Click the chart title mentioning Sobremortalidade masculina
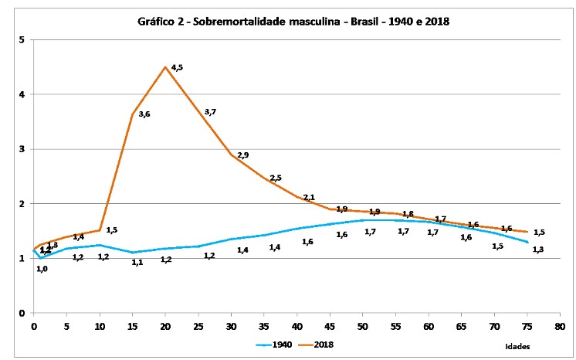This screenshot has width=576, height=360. [x=292, y=22]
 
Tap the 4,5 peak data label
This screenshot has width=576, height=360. [x=177, y=68]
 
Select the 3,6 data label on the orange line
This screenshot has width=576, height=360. [x=144, y=114]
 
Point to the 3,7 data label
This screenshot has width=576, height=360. [x=210, y=112]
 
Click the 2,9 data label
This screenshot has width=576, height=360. [x=242, y=155]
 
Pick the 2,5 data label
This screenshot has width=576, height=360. [x=276, y=178]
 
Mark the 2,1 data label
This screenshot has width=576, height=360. [x=309, y=198]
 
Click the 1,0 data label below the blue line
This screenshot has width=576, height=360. [x=42, y=269]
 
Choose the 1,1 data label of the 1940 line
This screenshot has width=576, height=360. [x=137, y=263]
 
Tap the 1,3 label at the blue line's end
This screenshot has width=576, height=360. [x=538, y=249]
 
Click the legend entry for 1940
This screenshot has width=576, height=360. [x=275, y=344]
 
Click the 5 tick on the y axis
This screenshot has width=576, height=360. [x=22, y=40]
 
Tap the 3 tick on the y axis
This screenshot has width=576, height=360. [x=22, y=149]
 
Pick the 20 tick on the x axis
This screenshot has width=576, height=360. [x=165, y=327]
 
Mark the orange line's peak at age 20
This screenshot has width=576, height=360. [x=165, y=67]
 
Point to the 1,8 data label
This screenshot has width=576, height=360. [x=408, y=214]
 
